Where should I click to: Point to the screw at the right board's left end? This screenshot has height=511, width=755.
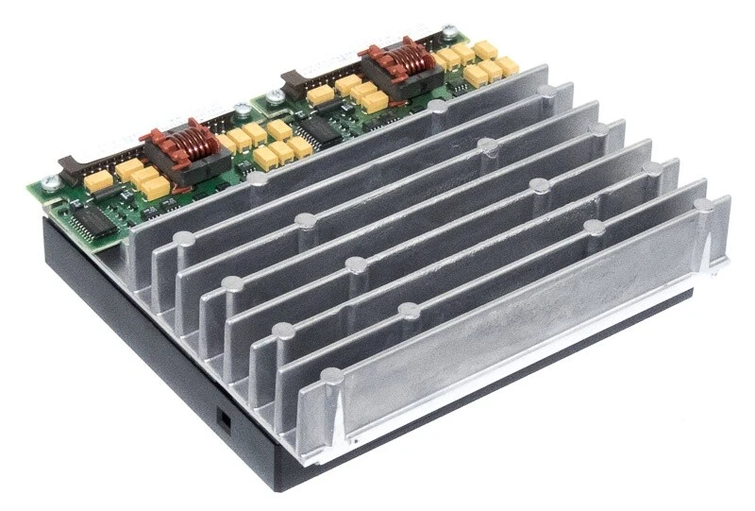[274, 94]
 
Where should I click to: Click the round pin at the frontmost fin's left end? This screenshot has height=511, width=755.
[331, 377]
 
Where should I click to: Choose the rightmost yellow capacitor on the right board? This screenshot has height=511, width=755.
[508, 65]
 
